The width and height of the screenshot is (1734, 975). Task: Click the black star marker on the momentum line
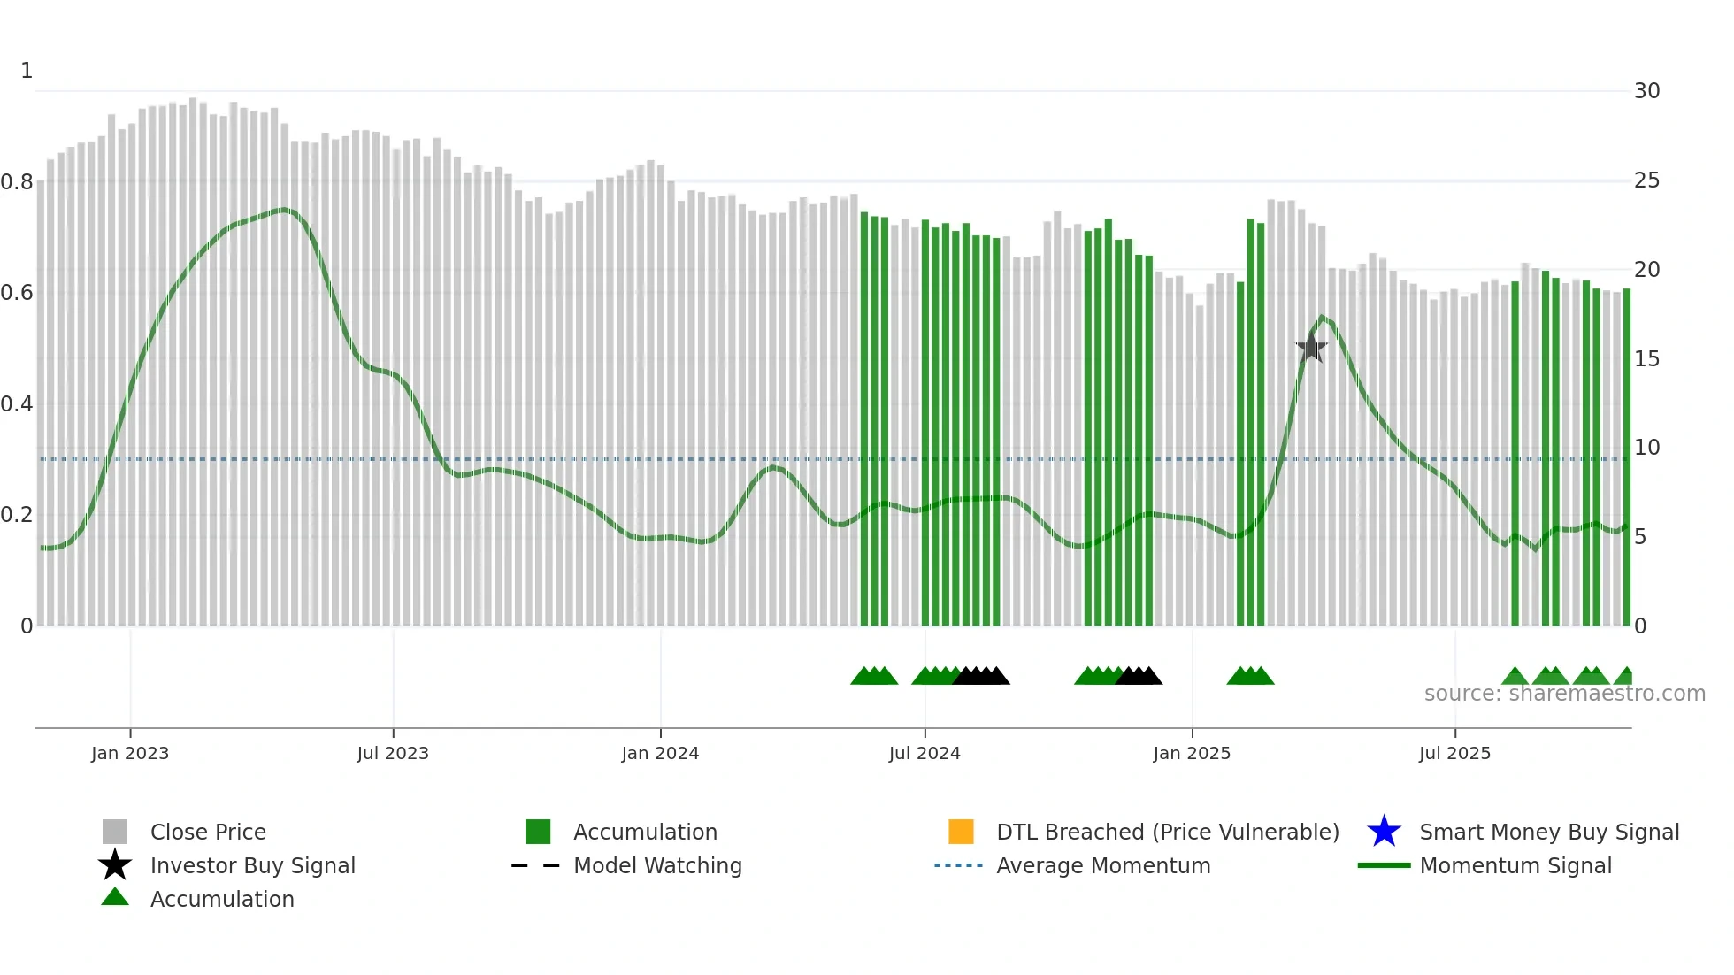pyautogui.click(x=1311, y=349)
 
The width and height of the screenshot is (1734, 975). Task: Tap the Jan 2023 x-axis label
pyautogui.click(x=130, y=754)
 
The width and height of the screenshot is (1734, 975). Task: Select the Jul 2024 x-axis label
pyautogui.click(x=925, y=754)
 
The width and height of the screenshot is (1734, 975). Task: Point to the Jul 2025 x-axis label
pyautogui.click(x=1454, y=754)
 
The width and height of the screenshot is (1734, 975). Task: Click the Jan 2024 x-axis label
pyautogui.click(x=660, y=754)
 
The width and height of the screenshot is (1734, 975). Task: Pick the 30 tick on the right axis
pyautogui.click(x=1646, y=91)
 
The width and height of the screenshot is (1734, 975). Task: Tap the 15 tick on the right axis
pyautogui.click(x=1646, y=359)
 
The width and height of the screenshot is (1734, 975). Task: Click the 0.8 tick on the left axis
pyautogui.click(x=17, y=182)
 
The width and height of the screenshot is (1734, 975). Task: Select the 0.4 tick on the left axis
pyautogui.click(x=17, y=404)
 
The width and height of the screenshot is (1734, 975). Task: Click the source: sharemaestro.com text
pyautogui.click(x=1564, y=694)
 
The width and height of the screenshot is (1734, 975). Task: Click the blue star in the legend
pyautogui.click(x=1384, y=832)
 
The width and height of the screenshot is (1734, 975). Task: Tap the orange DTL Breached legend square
pyautogui.click(x=961, y=832)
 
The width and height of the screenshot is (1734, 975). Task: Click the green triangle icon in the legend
pyautogui.click(x=115, y=897)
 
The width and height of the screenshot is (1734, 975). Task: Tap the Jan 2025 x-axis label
pyautogui.click(x=1192, y=754)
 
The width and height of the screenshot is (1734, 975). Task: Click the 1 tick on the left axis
pyautogui.click(x=27, y=71)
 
